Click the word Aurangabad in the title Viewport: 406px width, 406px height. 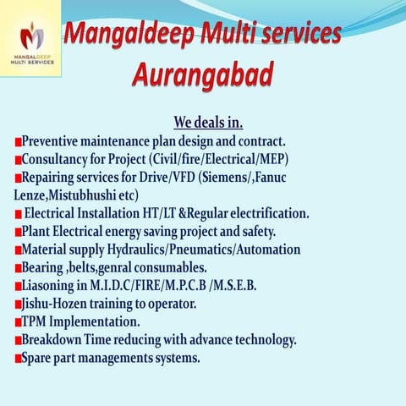pyautogui.click(x=202, y=75)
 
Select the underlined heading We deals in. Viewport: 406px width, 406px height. pyautogui.click(x=207, y=122)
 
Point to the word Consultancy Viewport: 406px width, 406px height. pyautogui.click(x=56, y=158)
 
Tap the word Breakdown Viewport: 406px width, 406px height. pyautogui.click(x=55, y=340)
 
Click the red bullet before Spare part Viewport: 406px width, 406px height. pyautogui.click(x=17, y=359)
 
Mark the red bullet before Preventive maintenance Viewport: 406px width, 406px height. pyautogui.click(x=17, y=141)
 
